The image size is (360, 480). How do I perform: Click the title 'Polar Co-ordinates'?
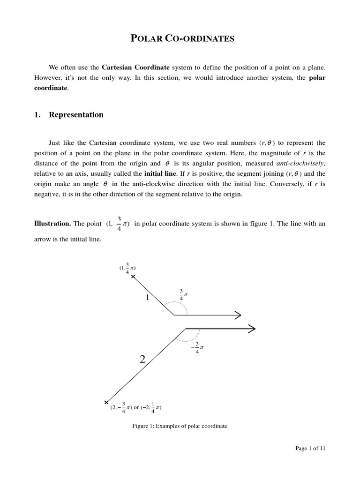click(x=180, y=39)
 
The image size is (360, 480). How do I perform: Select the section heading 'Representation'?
click(x=76, y=115)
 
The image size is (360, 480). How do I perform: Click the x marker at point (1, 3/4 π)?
click(x=133, y=277)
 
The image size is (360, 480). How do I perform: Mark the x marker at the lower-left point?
click(x=106, y=402)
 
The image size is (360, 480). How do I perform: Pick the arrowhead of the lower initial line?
click(x=251, y=329)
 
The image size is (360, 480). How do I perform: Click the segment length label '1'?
click(x=147, y=298)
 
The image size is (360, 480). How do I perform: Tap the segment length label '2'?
click(x=142, y=360)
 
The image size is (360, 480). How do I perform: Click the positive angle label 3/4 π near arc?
click(x=183, y=294)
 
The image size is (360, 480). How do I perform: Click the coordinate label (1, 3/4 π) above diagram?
click(x=127, y=268)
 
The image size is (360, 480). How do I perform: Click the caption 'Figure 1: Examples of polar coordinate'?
click(x=180, y=426)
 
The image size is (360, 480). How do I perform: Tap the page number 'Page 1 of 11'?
click(x=310, y=448)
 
